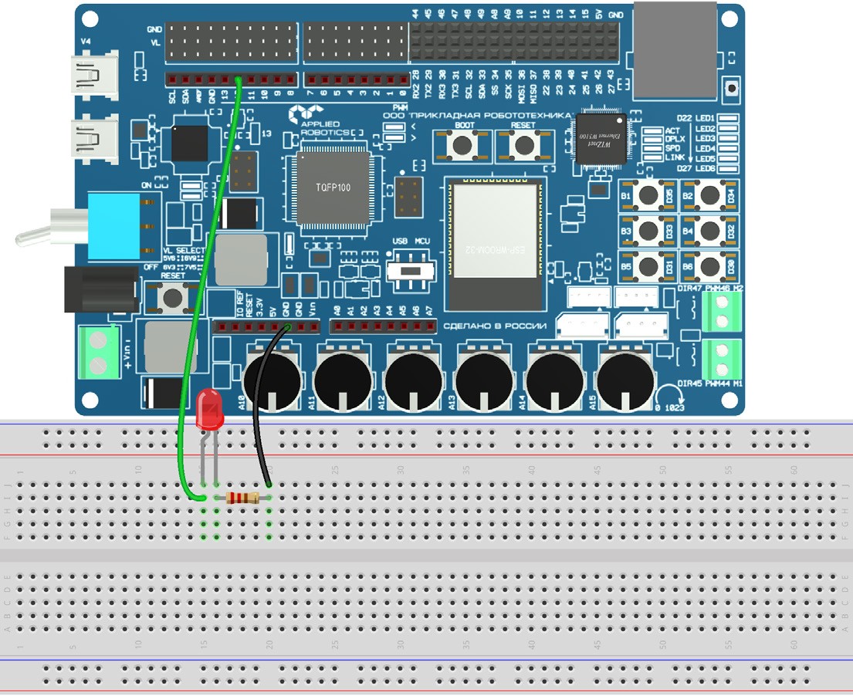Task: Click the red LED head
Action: (x=209, y=409)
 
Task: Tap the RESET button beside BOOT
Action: (x=524, y=144)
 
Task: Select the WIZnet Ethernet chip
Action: (x=601, y=140)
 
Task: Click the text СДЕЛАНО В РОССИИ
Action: (x=495, y=326)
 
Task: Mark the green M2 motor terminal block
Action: (x=723, y=311)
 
